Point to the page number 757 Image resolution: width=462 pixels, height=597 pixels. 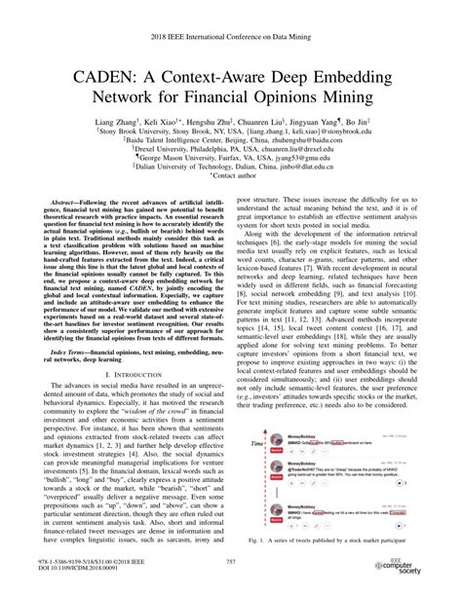click(x=231, y=562)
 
